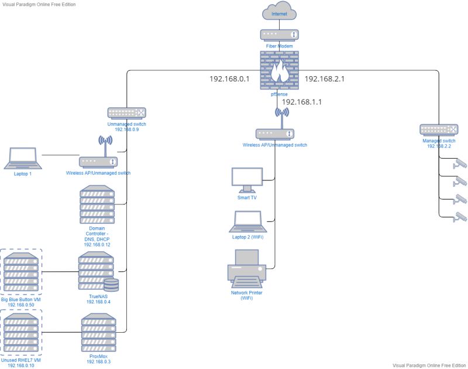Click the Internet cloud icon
[x=279, y=12]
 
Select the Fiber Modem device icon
[x=279, y=35]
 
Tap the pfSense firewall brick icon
[x=279, y=69]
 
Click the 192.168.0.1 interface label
[x=230, y=78]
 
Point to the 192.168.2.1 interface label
[x=325, y=78]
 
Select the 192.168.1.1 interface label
[x=302, y=101]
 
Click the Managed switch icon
[x=439, y=129]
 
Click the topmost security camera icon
[x=460, y=163]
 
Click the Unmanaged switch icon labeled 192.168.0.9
[x=126, y=112]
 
